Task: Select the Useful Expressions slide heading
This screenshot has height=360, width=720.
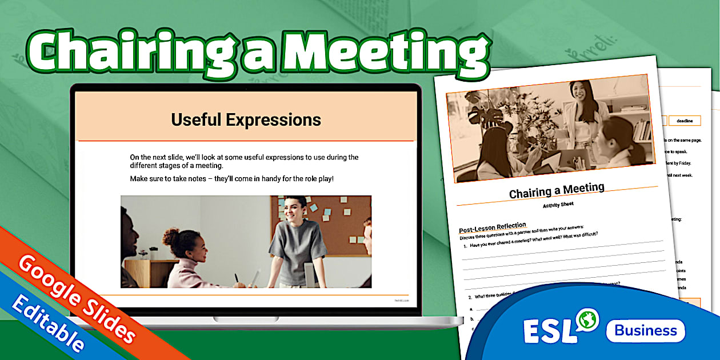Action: [x=246, y=120]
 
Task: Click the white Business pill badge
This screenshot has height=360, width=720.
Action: [x=645, y=330]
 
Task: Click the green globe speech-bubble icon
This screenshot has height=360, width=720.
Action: [x=587, y=318]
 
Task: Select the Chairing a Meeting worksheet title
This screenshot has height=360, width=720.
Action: [x=557, y=191]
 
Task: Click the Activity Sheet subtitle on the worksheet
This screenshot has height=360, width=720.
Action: [x=558, y=205]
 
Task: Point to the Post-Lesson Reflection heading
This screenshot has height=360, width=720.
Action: [x=492, y=227]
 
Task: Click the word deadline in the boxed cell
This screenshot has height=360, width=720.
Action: [x=685, y=121]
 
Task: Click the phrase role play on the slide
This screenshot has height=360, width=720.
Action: [x=314, y=179]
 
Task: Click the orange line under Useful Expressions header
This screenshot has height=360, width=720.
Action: [x=246, y=141]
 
